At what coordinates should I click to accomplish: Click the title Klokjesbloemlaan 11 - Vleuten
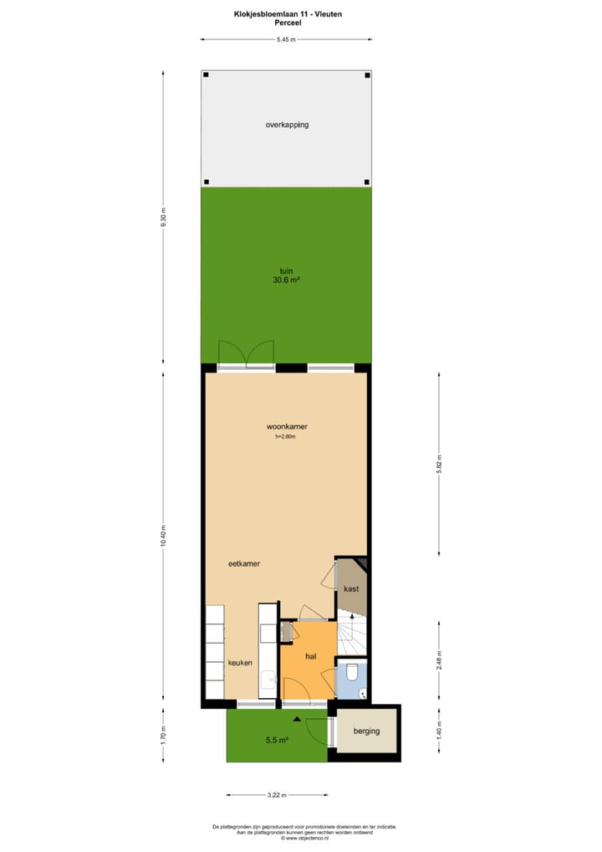(287, 14)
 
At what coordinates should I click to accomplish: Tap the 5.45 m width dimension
(286, 39)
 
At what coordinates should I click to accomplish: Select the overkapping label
(287, 125)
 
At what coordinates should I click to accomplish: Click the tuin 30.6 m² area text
(286, 275)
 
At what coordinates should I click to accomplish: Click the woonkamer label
(287, 426)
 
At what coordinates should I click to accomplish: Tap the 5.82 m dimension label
(439, 464)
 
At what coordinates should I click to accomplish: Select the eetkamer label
(244, 563)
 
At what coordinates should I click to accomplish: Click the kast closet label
(351, 588)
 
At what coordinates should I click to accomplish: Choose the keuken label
(240, 662)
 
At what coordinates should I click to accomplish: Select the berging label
(366, 731)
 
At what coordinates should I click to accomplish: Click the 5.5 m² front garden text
(277, 740)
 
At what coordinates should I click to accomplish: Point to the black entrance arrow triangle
(296, 718)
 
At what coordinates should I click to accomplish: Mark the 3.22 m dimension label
(277, 795)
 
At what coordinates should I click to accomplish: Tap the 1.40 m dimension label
(439, 733)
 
